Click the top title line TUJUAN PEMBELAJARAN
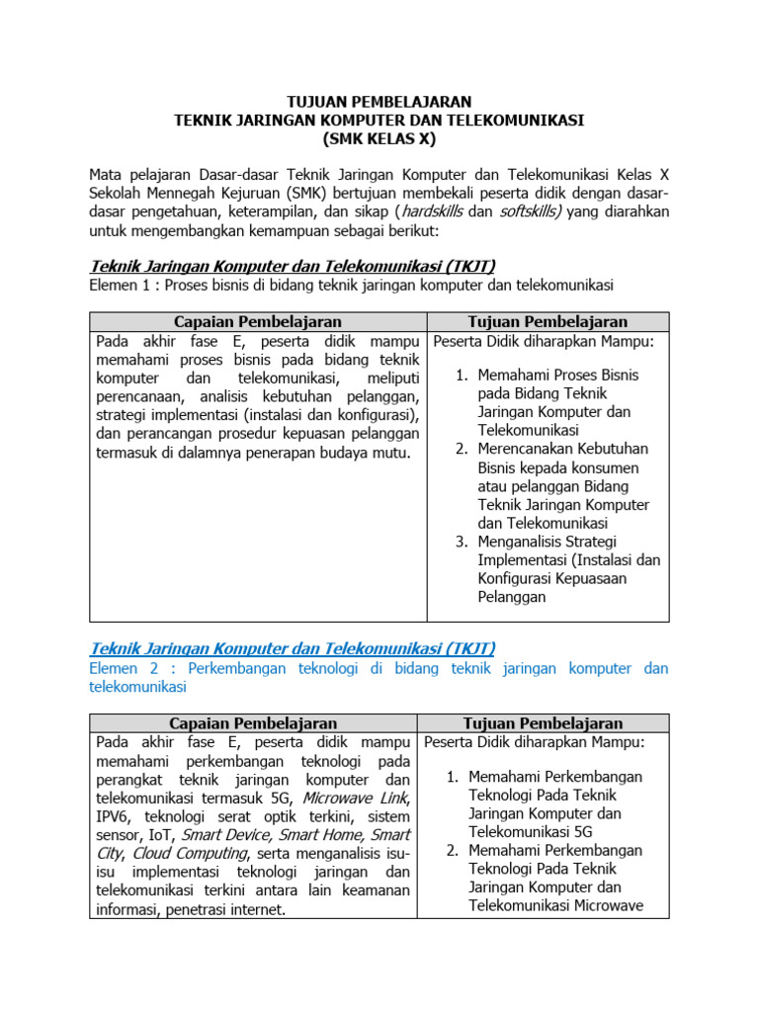[x=379, y=101]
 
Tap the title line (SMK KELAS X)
[x=379, y=138]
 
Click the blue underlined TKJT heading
[x=293, y=648]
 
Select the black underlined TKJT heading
[x=293, y=266]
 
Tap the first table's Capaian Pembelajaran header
[x=258, y=322]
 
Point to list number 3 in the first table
[x=462, y=542]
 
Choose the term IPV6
[x=115, y=817]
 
